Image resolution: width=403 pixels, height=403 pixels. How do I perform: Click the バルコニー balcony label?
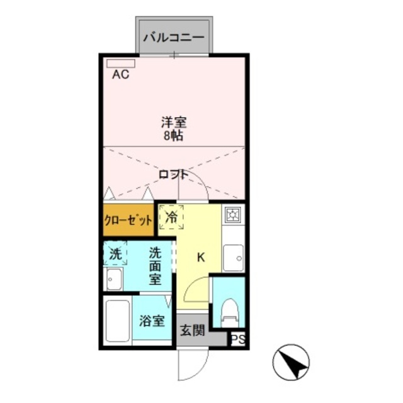pos(173,37)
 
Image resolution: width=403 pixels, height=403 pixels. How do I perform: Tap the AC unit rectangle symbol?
pos(120,63)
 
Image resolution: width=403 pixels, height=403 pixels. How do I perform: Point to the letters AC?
pos(120,76)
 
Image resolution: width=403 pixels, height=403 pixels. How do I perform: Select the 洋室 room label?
pos(173,122)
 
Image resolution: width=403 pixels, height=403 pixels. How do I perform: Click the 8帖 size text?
pos(173,135)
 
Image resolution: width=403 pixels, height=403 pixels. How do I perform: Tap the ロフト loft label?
pos(174,174)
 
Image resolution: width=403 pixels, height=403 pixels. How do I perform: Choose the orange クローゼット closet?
pos(128,220)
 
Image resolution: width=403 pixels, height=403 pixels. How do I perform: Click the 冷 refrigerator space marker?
pos(171,218)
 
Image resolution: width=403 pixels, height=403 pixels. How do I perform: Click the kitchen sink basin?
pos(233,256)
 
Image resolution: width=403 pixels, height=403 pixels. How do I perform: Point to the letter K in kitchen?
pos(201,257)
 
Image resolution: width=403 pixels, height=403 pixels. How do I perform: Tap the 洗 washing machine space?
pos(115,254)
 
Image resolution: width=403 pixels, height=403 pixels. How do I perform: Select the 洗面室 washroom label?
pos(155,265)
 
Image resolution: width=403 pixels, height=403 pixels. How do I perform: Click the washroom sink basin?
pos(113,280)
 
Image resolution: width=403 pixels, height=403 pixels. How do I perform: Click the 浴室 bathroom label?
pos(152,321)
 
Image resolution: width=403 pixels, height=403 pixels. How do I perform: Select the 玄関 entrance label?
pos(192,330)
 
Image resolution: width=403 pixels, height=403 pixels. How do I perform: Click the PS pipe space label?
pos(237,340)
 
